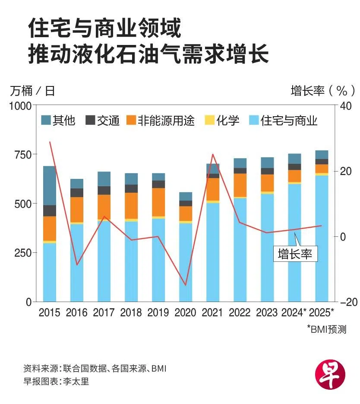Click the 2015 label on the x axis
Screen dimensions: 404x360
[x=49, y=312]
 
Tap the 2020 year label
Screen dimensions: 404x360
[x=185, y=312]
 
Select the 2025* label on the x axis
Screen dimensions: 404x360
[x=322, y=312]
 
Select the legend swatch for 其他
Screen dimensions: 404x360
[x=46, y=120]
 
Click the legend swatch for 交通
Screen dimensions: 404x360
[x=90, y=120]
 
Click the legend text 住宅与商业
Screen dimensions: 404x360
[x=289, y=120]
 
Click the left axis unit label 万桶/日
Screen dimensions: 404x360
[x=32, y=91]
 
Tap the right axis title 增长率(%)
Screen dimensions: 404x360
[x=323, y=91]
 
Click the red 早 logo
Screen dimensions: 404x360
[x=330, y=371]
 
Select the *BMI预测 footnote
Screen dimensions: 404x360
[x=327, y=330]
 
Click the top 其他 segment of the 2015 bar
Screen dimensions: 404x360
[x=50, y=185]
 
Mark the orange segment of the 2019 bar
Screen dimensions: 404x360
[x=158, y=202]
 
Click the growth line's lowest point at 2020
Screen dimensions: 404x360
[x=186, y=285]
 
